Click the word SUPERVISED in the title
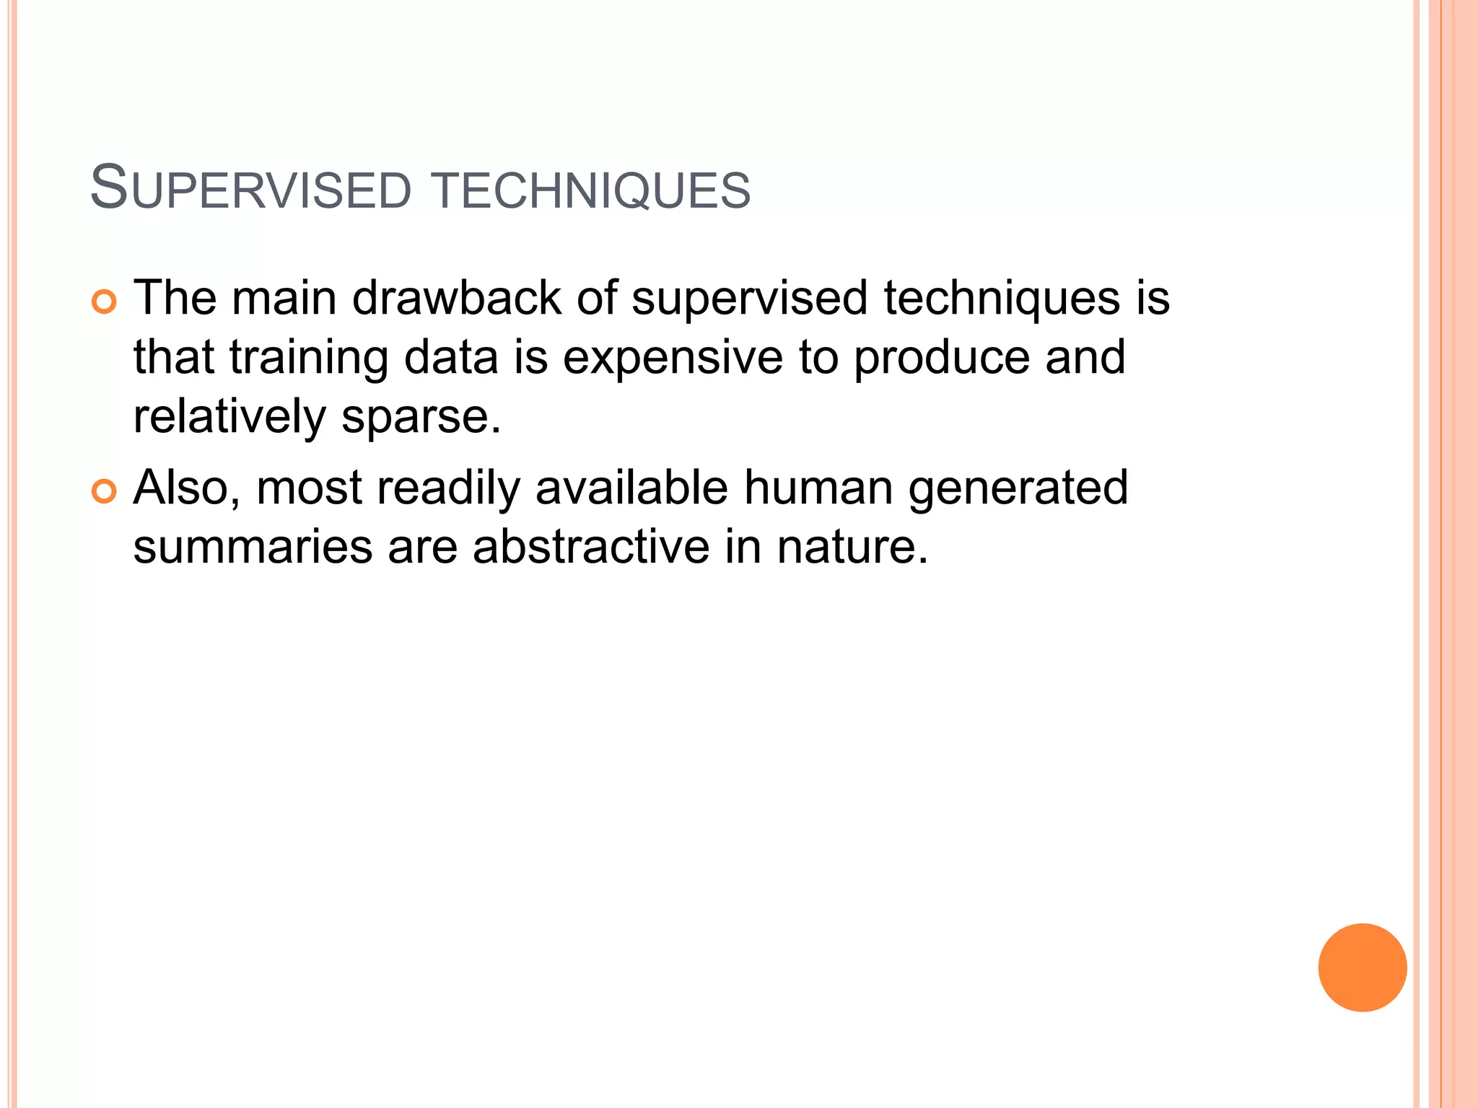coord(250,188)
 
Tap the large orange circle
coord(1362,967)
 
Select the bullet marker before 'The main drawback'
coord(104,302)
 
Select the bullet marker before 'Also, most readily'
coord(104,492)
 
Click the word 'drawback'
coord(456,297)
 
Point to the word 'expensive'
coord(672,359)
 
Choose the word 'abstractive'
coord(590,546)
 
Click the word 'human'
coord(818,488)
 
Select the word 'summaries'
coord(253,546)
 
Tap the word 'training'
coord(309,359)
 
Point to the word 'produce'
coord(941,359)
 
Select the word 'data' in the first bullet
coord(451,357)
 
